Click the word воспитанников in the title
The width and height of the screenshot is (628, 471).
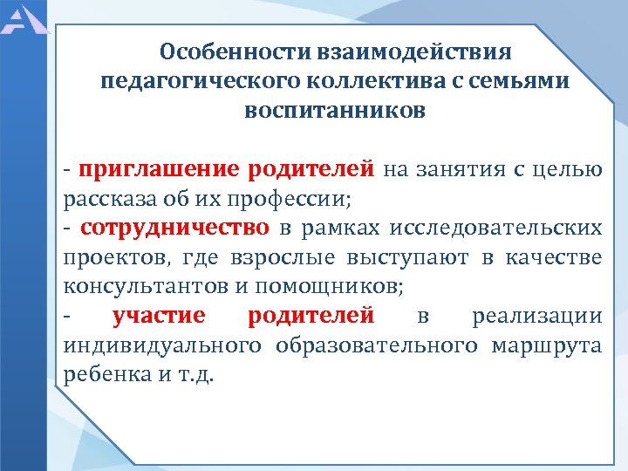coord(336,112)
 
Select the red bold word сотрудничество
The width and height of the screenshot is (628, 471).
coord(174,228)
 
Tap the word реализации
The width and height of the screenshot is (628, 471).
coord(536,316)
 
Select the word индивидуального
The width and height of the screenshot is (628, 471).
coord(161,345)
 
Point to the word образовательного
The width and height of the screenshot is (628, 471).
coord(376,345)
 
